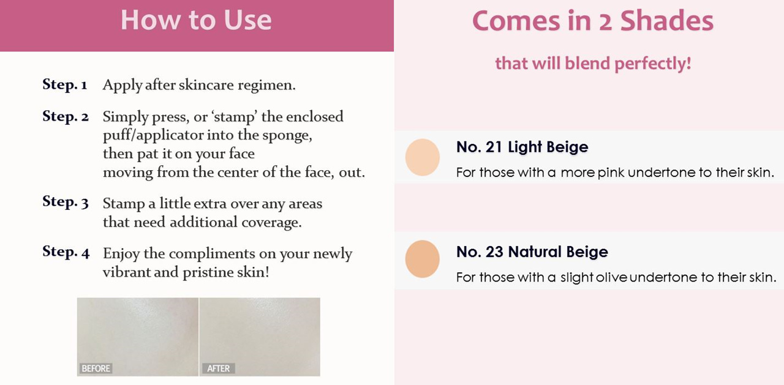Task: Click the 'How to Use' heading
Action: click(196, 20)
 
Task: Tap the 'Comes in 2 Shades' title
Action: click(592, 21)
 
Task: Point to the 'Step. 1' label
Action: click(65, 84)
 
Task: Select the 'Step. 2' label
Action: click(66, 116)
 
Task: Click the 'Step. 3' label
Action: click(66, 202)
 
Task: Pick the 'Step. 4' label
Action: click(66, 252)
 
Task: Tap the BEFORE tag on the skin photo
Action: click(96, 368)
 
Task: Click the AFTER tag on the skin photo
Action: click(219, 368)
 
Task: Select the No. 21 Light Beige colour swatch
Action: click(423, 157)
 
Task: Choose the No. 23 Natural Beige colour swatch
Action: click(423, 259)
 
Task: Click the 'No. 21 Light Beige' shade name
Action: click(522, 148)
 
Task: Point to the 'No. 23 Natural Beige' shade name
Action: click(532, 252)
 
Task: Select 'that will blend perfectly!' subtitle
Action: click(593, 64)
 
